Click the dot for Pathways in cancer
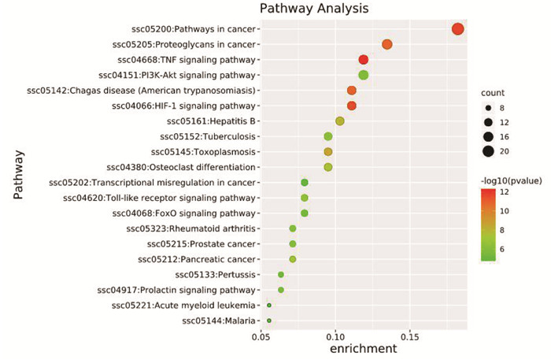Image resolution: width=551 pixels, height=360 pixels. click(x=457, y=29)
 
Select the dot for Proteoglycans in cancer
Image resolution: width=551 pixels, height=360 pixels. click(x=387, y=44)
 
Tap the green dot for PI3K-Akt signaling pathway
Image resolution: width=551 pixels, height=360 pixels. click(x=364, y=75)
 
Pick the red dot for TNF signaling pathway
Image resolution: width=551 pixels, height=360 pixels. click(x=364, y=60)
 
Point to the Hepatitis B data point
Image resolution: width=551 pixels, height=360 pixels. click(x=340, y=121)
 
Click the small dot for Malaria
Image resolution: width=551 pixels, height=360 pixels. click(x=269, y=321)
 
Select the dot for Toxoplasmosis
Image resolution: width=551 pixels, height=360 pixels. click(x=328, y=152)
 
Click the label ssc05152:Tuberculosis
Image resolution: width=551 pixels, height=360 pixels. click(x=208, y=136)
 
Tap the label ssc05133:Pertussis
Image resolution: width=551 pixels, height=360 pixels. click(x=216, y=275)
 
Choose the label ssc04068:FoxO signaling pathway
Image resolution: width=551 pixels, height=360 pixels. click(x=183, y=213)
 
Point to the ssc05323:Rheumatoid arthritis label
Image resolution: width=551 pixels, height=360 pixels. click(x=190, y=228)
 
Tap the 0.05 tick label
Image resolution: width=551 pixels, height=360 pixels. click(x=261, y=337)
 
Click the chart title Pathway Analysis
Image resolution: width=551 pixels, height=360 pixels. click(x=314, y=8)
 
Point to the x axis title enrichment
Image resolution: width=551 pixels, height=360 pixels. click(x=364, y=349)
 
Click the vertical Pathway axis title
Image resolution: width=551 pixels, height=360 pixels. click(x=18, y=175)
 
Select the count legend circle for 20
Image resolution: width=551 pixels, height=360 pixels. click(x=488, y=151)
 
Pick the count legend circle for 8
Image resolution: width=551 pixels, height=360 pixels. click(x=488, y=108)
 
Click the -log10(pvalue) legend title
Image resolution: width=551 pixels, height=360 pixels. click(x=512, y=180)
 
